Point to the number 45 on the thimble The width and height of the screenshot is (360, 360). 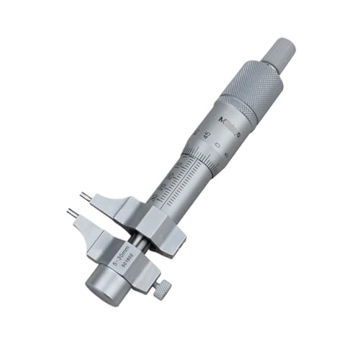pyautogui.click(x=207, y=135)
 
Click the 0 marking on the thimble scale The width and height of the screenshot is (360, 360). pyautogui.click(x=217, y=145)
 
